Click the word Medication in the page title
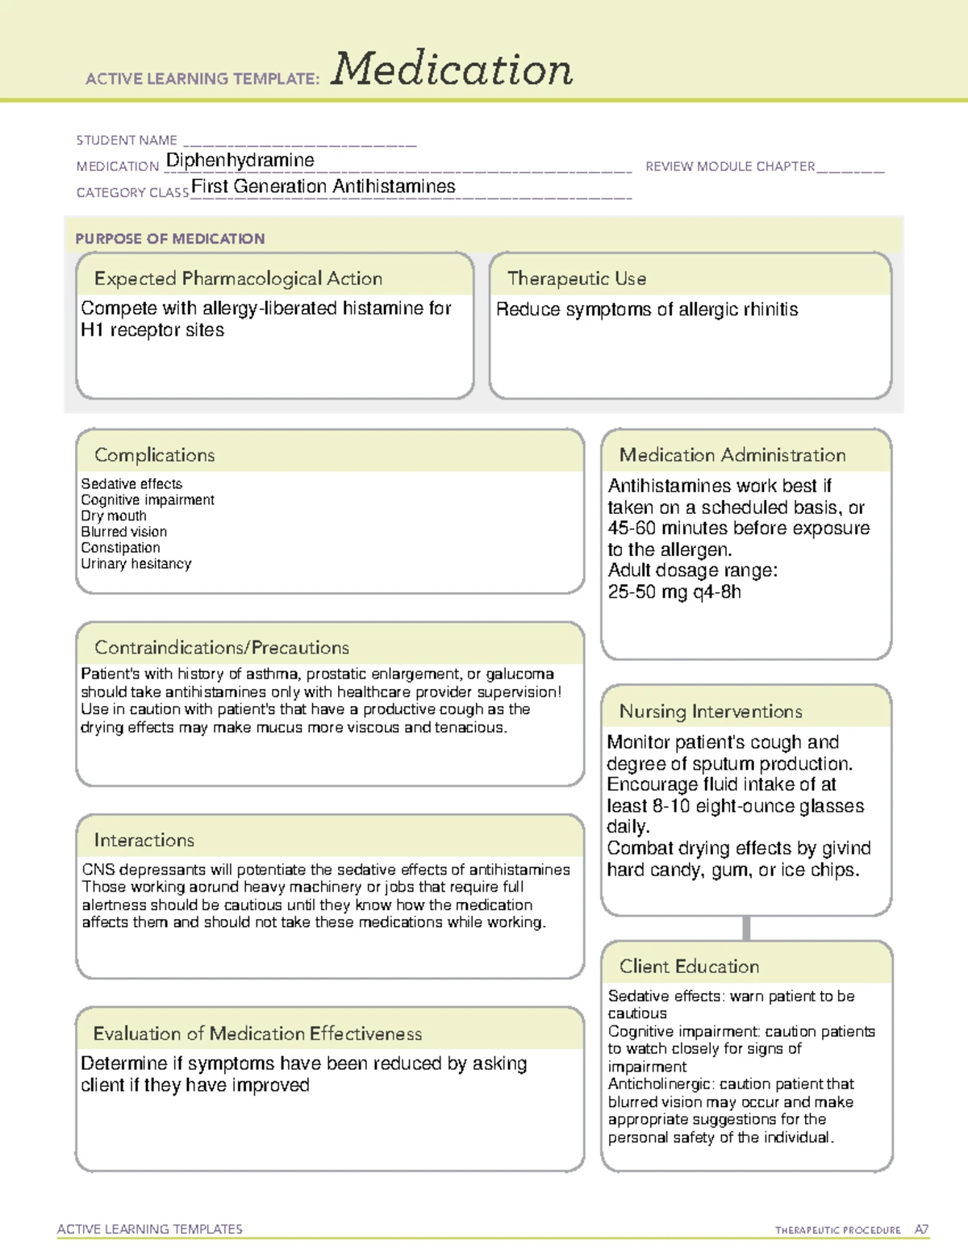tap(452, 69)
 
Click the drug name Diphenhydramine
tap(240, 161)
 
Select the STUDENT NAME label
tap(127, 140)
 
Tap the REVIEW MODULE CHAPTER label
tap(730, 166)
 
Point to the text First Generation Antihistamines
tap(323, 186)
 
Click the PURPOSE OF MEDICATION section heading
tap(170, 239)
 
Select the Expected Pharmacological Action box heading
tap(238, 278)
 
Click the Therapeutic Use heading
tap(577, 278)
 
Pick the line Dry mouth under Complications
tap(114, 516)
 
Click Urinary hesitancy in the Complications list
tap(136, 564)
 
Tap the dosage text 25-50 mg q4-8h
tap(674, 592)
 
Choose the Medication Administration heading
tap(732, 455)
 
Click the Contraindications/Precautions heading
tap(222, 648)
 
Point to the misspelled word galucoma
tap(519, 674)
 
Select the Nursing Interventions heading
tap(711, 712)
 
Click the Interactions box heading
tap(144, 841)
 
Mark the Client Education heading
tap(689, 967)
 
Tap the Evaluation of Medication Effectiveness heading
tap(257, 1034)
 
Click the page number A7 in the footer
tap(921, 1230)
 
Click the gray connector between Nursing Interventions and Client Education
tap(746, 928)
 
